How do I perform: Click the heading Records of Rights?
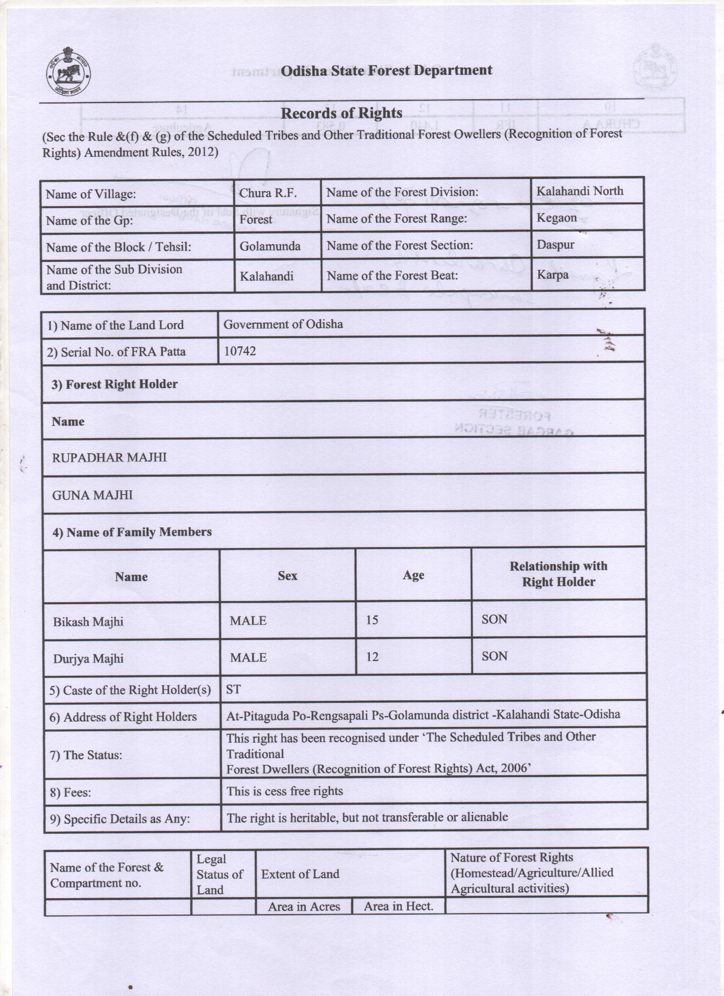pyautogui.click(x=341, y=113)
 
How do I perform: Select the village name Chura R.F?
pyautogui.click(x=268, y=193)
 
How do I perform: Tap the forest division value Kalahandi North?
pyautogui.click(x=579, y=191)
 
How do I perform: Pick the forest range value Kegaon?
pyautogui.click(x=556, y=218)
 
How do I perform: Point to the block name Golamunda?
pyautogui.click(x=270, y=246)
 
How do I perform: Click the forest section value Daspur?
pyautogui.click(x=555, y=245)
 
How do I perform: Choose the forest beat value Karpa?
pyautogui.click(x=552, y=275)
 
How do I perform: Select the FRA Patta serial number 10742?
pyautogui.click(x=240, y=351)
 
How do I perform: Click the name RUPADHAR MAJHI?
pyautogui.click(x=109, y=458)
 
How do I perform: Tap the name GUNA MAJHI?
pyautogui.click(x=92, y=495)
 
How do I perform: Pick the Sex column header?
pyautogui.click(x=287, y=576)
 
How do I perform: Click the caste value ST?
pyautogui.click(x=233, y=690)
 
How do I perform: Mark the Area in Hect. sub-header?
pyautogui.click(x=398, y=906)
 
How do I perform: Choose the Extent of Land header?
pyautogui.click(x=300, y=874)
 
